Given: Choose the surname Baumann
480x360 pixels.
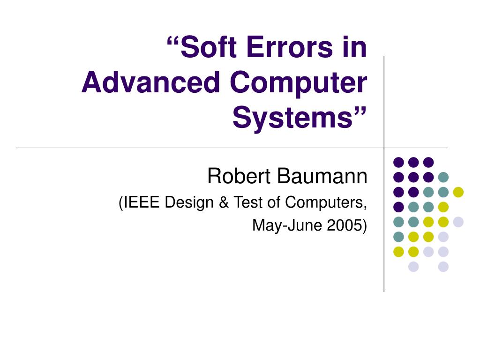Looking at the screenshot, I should [x=323, y=177].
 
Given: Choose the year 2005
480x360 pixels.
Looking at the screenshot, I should [x=345, y=225].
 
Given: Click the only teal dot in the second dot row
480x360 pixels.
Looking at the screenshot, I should [x=443, y=177].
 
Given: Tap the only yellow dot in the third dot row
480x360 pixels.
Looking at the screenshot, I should [x=458, y=192].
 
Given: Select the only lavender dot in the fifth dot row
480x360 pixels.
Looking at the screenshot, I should [x=458, y=222].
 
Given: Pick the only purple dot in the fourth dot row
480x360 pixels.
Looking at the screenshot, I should [x=398, y=207].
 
